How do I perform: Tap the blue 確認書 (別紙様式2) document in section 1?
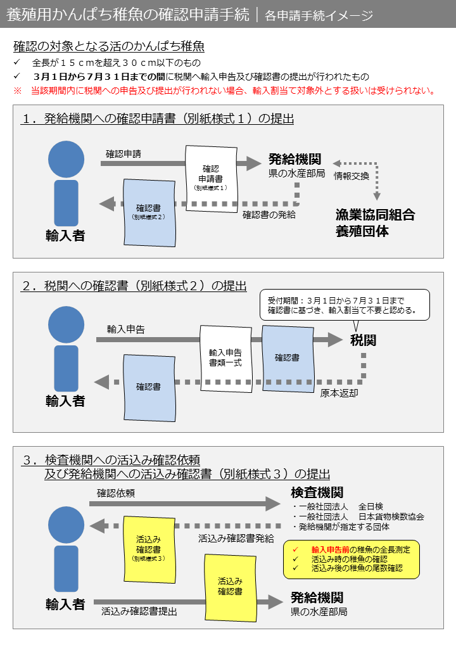coord(149,212)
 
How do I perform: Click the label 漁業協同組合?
coord(375,215)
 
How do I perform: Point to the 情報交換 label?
coord(351,176)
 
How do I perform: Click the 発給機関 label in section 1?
coord(294,159)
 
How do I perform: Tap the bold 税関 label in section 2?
coord(363,340)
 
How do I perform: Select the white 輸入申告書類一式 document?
coord(226,357)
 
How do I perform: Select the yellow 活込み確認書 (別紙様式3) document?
coord(149,549)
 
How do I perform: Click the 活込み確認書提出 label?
coord(139,611)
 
